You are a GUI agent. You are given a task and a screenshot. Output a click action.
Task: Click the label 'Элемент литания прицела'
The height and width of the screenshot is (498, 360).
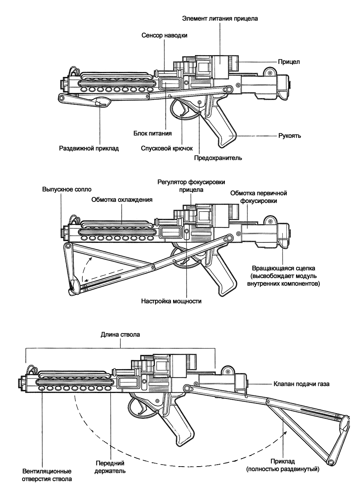220,18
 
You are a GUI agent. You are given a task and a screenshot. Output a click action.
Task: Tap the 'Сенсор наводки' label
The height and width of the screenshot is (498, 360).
164,35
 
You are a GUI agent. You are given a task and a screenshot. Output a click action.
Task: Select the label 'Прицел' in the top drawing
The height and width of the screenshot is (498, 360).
289,62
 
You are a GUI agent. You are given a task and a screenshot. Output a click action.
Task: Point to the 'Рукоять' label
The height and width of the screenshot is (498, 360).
290,136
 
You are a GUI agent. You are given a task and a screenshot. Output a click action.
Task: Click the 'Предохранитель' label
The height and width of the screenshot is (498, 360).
218,158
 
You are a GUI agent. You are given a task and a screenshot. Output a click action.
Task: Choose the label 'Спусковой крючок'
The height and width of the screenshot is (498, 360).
167,148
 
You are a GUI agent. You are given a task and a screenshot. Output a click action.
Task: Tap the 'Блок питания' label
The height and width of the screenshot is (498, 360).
152,133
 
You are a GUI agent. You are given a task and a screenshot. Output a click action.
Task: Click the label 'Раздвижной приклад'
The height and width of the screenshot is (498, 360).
89,148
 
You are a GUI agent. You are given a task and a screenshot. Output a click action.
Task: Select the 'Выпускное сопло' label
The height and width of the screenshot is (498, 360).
67,189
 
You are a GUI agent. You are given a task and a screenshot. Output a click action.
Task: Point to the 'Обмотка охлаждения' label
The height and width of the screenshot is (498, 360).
122,200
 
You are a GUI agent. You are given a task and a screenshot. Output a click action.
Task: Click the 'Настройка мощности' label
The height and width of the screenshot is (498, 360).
171,301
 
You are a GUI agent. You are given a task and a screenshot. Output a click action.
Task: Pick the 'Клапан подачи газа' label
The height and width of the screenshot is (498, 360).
301,384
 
